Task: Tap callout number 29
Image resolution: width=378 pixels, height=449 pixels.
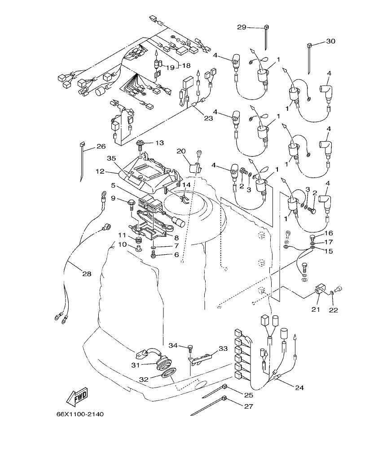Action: pyautogui.click(x=242, y=27)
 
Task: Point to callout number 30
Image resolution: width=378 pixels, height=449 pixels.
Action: pyautogui.click(x=330, y=41)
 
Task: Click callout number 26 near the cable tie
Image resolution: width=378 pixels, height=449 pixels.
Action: pyautogui.click(x=101, y=146)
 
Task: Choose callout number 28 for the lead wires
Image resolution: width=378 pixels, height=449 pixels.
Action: pyautogui.click(x=86, y=274)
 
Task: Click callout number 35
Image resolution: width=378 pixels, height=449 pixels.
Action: pyautogui.click(x=111, y=158)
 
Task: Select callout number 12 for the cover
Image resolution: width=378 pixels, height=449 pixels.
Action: pyautogui.click(x=100, y=171)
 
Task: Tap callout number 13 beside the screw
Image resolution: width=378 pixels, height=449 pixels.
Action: pyautogui.click(x=160, y=143)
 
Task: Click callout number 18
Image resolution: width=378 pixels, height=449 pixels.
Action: pyautogui.click(x=185, y=65)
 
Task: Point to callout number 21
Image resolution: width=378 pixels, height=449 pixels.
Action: pyautogui.click(x=315, y=310)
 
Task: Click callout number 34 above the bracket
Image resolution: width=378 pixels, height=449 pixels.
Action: pyautogui.click(x=174, y=345)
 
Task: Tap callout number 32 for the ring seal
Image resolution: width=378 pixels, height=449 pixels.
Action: pyautogui.click(x=144, y=379)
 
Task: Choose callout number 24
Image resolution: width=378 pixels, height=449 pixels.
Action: pyautogui.click(x=300, y=387)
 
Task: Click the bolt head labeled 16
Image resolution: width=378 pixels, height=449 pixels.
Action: pyautogui.click(x=314, y=237)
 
